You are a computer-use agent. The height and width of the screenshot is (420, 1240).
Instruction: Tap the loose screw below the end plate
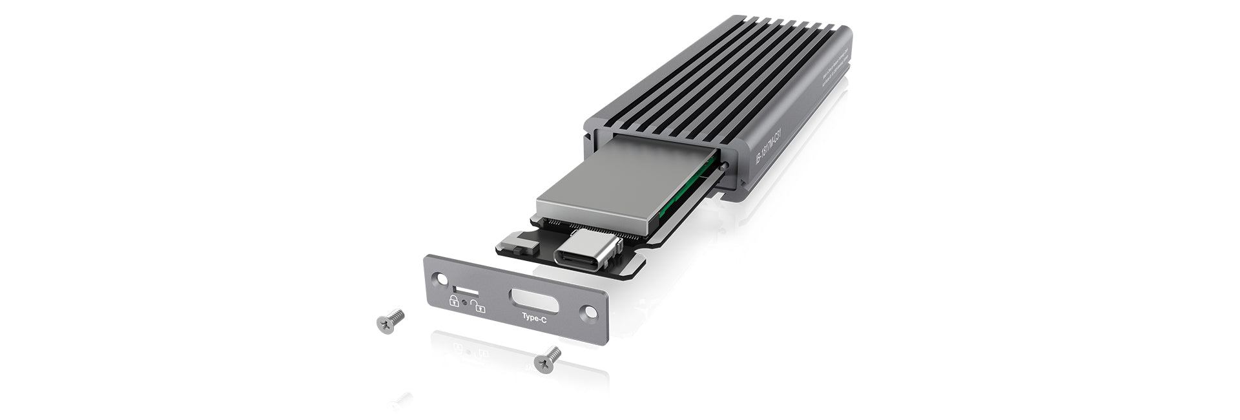548,359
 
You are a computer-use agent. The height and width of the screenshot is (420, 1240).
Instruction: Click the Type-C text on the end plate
535,317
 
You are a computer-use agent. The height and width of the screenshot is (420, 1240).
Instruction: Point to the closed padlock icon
454,300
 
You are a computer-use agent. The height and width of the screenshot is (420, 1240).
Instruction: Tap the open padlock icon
479,306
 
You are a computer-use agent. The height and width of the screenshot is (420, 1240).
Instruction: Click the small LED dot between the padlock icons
465,301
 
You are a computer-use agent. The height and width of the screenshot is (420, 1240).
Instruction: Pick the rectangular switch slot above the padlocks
461,288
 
